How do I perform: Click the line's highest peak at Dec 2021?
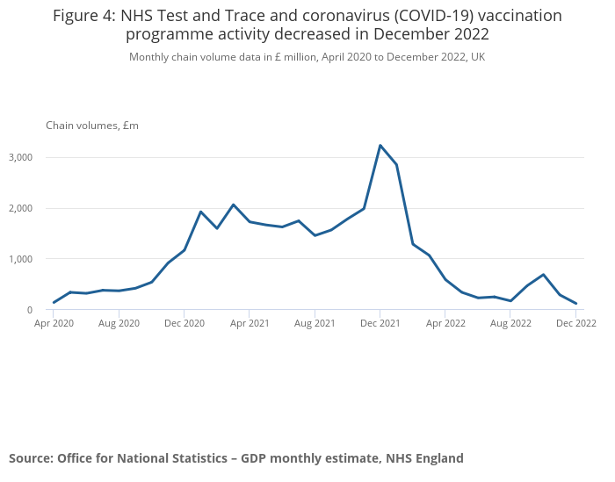(x=380, y=146)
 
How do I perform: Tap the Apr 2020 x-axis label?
(x=54, y=324)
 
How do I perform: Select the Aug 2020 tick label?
(x=119, y=324)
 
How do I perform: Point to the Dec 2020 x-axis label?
(x=184, y=324)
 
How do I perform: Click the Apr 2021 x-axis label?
(x=250, y=324)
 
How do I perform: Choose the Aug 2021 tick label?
(x=315, y=324)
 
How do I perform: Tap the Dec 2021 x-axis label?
(x=380, y=324)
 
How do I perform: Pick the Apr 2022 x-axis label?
(x=445, y=324)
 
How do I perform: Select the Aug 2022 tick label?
(x=510, y=324)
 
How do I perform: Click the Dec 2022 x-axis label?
(x=575, y=324)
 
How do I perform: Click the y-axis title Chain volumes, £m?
(x=92, y=126)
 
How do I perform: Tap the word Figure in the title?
(x=80, y=16)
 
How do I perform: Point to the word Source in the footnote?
(x=30, y=458)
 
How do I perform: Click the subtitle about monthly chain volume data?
(x=307, y=57)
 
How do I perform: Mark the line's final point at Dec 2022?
(x=575, y=304)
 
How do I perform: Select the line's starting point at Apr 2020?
(x=54, y=303)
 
